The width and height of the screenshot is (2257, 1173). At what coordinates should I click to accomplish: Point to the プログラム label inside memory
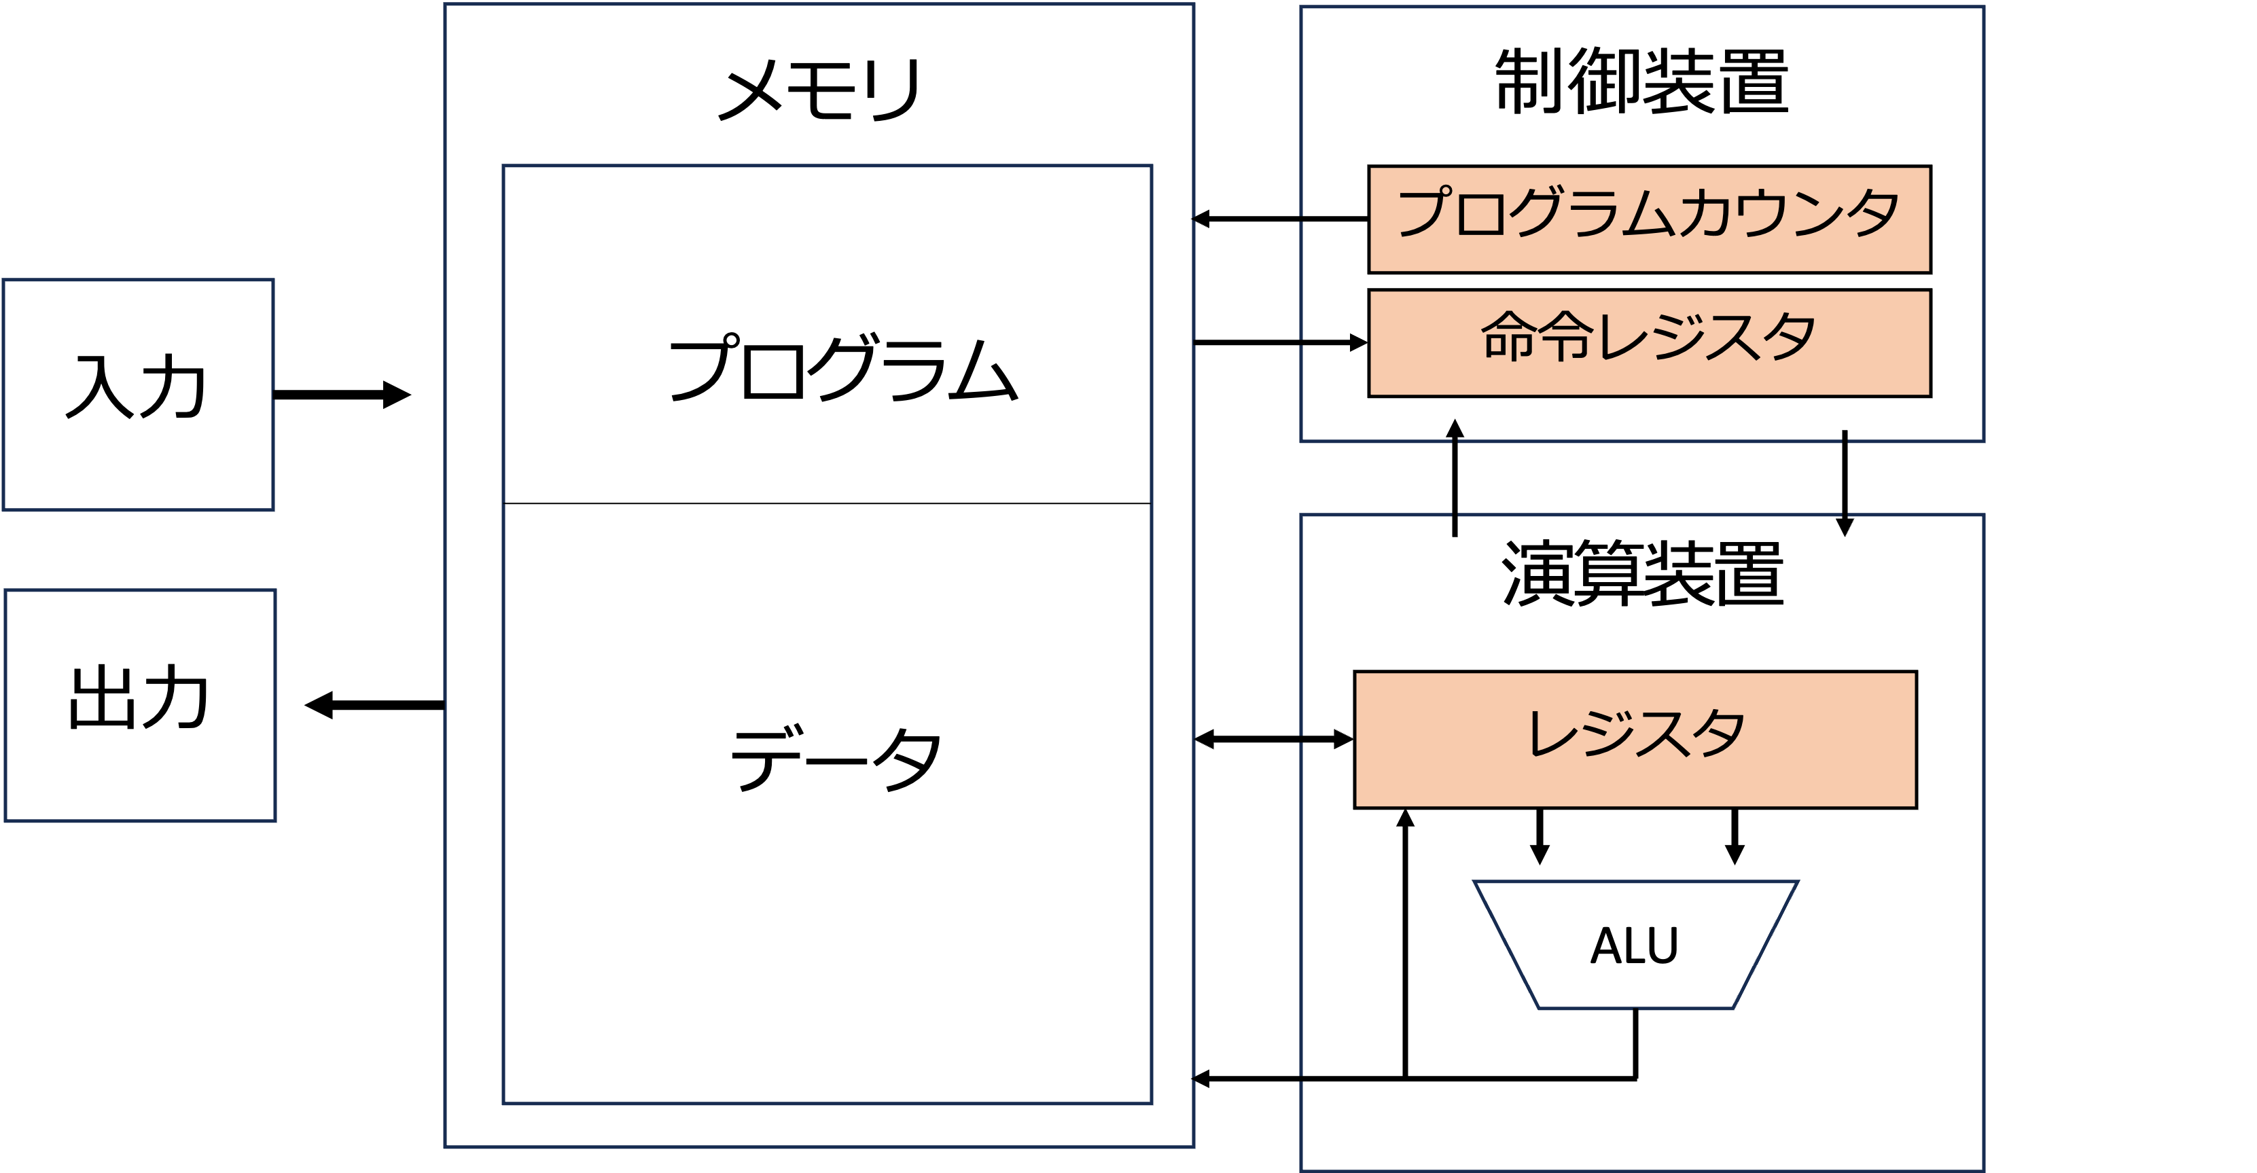click(843, 368)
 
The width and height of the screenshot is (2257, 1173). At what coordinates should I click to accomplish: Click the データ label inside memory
click(836, 759)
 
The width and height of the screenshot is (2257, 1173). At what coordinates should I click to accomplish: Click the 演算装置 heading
click(1642, 574)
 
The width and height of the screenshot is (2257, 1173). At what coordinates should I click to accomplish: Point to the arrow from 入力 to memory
click(342, 394)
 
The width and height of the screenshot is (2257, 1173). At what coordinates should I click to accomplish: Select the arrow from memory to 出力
click(374, 705)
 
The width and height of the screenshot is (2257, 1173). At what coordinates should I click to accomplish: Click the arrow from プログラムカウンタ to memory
click(1280, 218)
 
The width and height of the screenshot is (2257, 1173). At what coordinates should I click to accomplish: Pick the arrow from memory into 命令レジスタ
click(1280, 342)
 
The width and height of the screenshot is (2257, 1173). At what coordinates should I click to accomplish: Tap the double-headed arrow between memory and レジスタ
click(1274, 740)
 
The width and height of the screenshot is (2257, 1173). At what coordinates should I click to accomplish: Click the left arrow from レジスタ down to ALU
click(1540, 837)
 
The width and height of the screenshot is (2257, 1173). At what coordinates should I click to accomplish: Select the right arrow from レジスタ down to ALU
click(1734, 837)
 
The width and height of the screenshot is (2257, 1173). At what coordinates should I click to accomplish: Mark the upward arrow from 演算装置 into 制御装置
click(1455, 477)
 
